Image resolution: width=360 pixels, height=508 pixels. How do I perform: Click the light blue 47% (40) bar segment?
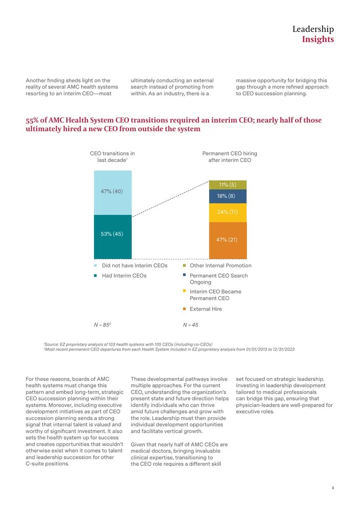(x=113, y=192)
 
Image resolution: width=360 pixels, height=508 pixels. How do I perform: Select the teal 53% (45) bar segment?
(x=113, y=237)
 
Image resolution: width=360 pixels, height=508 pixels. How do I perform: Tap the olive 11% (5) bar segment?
(x=228, y=185)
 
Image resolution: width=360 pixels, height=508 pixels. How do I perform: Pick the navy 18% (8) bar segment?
(x=228, y=196)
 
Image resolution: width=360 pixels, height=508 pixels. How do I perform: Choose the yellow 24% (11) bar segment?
(x=228, y=213)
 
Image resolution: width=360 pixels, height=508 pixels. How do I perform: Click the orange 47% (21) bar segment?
(x=228, y=241)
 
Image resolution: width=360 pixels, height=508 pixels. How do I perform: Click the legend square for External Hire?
(x=184, y=309)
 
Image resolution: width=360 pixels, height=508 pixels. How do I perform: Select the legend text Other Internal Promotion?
(x=220, y=265)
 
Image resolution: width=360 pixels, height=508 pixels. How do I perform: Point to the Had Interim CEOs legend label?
(x=124, y=276)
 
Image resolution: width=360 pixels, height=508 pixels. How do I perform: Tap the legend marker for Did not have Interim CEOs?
(x=95, y=266)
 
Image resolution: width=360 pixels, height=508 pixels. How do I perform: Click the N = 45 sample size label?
(x=191, y=325)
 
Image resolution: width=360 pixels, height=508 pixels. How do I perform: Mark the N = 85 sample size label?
(x=103, y=325)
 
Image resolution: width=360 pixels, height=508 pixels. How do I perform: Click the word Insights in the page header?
(x=318, y=39)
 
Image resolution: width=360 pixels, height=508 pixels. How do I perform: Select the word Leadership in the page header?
(x=313, y=29)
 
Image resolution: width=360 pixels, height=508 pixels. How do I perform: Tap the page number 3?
(x=333, y=488)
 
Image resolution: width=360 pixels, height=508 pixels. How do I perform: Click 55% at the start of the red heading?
(x=32, y=120)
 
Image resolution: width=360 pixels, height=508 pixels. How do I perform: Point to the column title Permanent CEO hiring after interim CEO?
(x=229, y=157)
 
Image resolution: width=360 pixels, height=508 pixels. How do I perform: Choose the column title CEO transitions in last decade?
(x=112, y=157)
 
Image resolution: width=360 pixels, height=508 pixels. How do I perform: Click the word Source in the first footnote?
(x=51, y=344)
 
